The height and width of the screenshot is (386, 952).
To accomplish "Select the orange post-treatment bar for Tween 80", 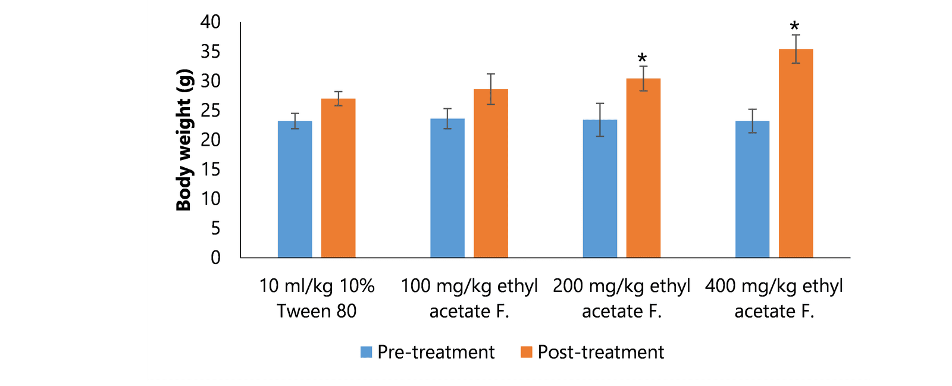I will point(338,178).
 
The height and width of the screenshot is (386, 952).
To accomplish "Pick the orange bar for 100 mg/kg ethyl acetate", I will point(491,173).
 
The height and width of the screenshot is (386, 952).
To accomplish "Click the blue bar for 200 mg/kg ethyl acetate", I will point(600,189).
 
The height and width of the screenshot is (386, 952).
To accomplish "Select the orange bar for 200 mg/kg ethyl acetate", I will point(643,168).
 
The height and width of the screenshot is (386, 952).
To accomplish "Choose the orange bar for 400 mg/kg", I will point(796,153).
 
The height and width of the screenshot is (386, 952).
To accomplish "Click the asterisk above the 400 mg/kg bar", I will point(795,27).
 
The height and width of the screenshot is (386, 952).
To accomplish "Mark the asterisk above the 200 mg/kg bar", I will point(642,58).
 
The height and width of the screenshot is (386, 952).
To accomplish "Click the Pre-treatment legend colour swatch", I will point(367,352).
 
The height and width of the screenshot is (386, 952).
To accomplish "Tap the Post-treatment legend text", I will point(600,352).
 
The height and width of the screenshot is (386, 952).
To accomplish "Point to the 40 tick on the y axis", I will point(211,22).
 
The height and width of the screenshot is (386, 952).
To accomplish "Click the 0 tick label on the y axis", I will point(215,258).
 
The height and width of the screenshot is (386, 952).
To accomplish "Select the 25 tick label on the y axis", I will point(211,111).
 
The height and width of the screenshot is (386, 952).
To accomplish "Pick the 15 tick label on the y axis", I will point(211,170).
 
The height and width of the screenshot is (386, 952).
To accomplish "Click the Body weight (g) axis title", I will point(184,140).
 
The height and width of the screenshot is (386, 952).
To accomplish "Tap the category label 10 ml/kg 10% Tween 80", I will point(317,298).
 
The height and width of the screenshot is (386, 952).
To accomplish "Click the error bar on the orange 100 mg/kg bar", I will point(491,89).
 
